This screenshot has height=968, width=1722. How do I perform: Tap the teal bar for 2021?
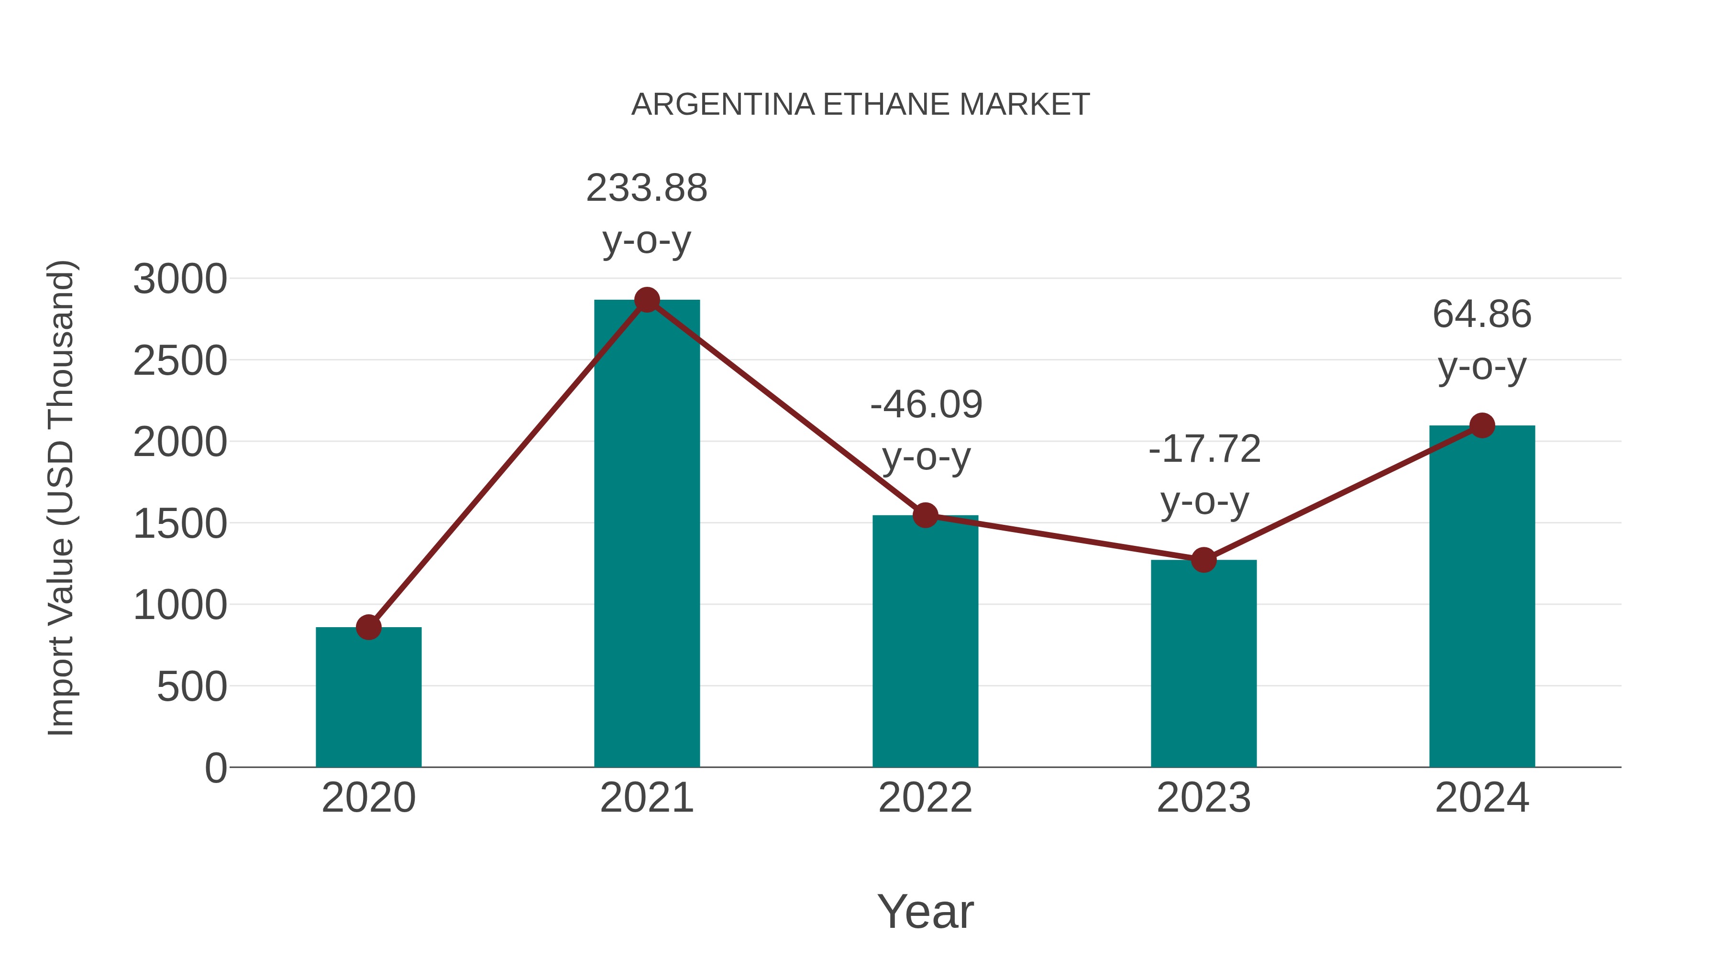click(646, 534)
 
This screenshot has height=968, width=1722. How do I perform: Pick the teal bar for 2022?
click(925, 642)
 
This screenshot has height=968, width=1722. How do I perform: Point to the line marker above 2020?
click(368, 627)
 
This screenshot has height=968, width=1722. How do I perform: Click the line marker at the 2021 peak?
click(646, 300)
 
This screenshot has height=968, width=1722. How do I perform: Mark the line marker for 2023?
click(1203, 560)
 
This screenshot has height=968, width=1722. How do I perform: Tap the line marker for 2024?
click(1482, 425)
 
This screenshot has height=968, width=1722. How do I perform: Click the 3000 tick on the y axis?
click(180, 279)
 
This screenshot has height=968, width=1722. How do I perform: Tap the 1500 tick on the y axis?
click(180, 524)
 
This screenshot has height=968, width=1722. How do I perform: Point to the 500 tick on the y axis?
click(191, 687)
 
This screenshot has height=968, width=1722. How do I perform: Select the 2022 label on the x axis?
click(925, 798)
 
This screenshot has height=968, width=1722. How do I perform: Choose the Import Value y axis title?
click(61, 498)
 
